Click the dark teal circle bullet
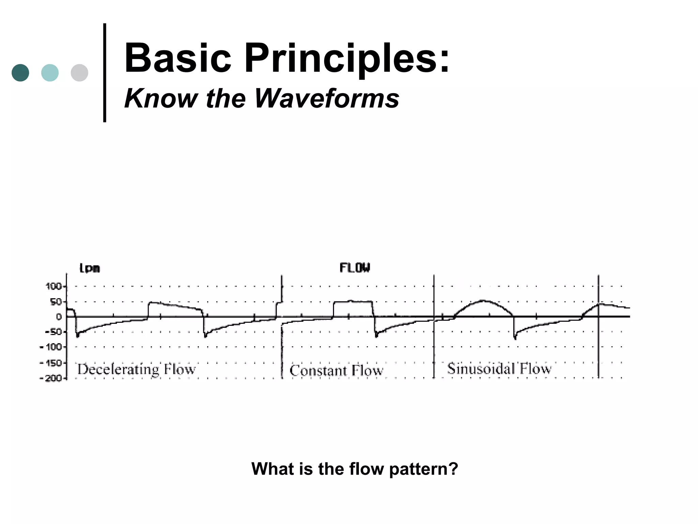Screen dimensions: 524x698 point(20,73)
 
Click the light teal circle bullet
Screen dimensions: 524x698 point(50,73)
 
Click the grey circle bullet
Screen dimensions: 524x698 point(79,73)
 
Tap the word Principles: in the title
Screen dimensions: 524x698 point(347,58)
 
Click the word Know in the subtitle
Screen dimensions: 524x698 point(161,99)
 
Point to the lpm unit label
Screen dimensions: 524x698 point(90,268)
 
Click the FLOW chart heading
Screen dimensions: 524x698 point(354,268)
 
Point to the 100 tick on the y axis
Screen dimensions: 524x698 point(54,287)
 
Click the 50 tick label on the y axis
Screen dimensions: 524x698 point(56,302)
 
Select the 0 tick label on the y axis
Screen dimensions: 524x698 point(59,317)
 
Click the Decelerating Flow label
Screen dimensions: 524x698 point(136,369)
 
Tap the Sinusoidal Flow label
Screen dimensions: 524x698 point(499,369)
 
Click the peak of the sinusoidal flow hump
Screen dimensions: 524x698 point(483,301)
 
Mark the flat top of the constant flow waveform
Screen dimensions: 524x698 point(353,302)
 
